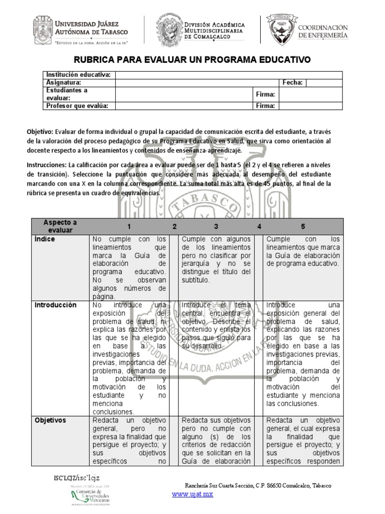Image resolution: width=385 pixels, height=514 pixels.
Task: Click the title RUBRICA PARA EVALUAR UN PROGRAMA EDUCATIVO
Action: click(193, 60)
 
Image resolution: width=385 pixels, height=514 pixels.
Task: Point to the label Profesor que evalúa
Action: click(77, 105)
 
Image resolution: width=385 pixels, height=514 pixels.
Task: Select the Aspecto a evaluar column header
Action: click(60, 226)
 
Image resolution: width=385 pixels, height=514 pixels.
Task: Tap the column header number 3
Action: click(216, 226)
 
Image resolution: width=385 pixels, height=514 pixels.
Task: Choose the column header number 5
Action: click(303, 226)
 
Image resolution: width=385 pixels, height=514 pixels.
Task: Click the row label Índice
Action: click(45, 239)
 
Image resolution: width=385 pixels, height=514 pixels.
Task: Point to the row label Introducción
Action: click(55, 305)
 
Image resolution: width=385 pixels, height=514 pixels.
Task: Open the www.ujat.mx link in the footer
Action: click(192, 494)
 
